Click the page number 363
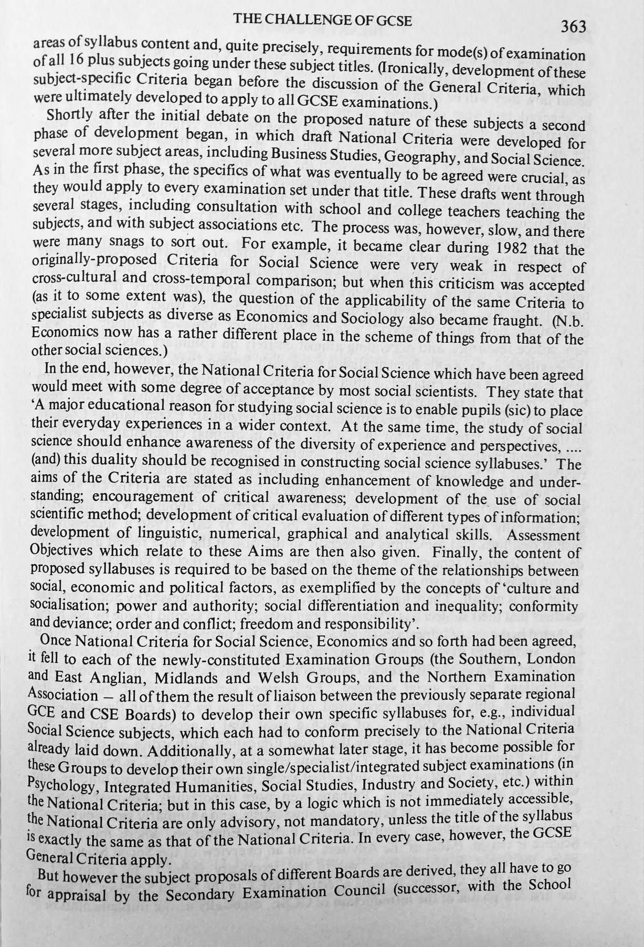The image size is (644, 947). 573,27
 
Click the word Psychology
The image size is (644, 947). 61,788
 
